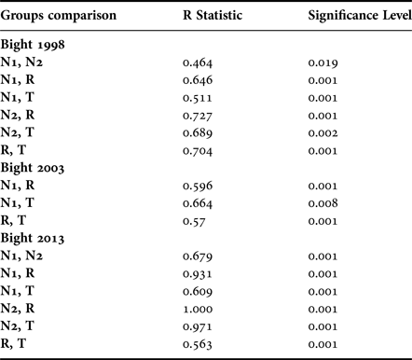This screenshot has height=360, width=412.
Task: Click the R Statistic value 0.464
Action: pyautogui.click(x=197, y=61)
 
